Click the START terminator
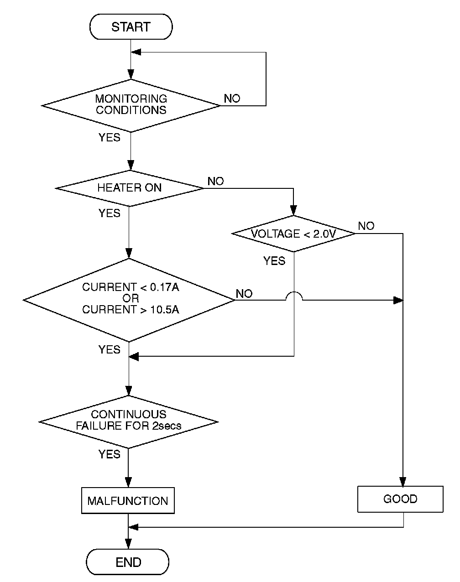tap(131, 27)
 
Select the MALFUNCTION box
tap(128, 501)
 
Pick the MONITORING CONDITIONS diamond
tap(131, 105)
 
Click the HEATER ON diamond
tap(130, 188)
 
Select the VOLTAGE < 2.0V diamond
tap(293, 234)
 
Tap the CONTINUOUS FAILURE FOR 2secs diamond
tap(129, 422)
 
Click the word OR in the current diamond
tap(131, 298)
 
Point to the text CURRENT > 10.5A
tap(131, 309)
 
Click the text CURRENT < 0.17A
tap(131, 287)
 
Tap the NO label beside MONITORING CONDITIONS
tap(232, 99)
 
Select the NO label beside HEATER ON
tap(216, 181)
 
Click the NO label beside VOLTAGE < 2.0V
tap(366, 226)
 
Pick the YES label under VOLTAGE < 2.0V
tap(274, 261)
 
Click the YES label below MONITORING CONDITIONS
tap(110, 137)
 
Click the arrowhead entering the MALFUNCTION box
tap(128, 483)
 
